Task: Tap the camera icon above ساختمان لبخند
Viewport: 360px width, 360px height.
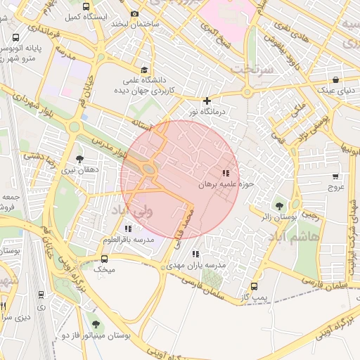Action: [134, 13]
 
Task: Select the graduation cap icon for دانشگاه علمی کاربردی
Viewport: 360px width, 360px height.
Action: [144, 70]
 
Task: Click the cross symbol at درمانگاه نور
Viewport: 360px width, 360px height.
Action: [206, 101]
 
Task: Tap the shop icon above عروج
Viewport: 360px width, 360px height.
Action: [335, 177]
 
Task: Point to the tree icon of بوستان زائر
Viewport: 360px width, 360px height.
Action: [279, 206]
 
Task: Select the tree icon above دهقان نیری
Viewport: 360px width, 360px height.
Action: [79, 159]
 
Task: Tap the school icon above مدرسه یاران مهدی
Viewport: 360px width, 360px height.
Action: [195, 254]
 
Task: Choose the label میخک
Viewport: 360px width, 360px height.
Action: [103, 269]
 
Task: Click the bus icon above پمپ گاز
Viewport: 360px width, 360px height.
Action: [254, 287]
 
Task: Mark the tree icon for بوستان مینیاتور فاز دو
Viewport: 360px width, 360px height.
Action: [96, 325]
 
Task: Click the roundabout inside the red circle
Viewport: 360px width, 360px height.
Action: [149, 169]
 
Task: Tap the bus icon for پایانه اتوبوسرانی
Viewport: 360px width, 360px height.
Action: [15, 38]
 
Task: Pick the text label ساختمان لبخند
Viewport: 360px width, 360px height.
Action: [134, 25]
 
